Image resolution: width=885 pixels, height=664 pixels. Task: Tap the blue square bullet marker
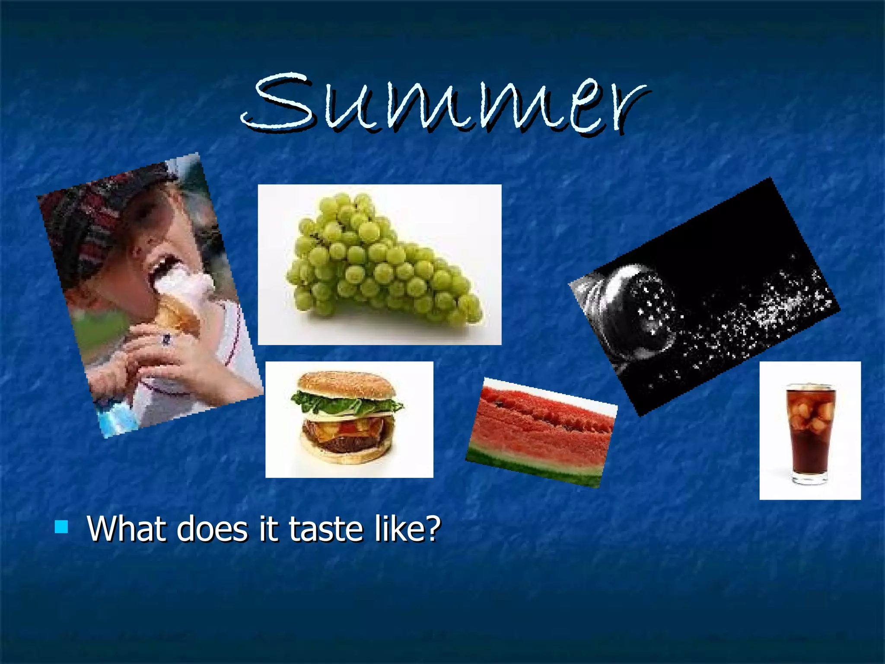coord(61,527)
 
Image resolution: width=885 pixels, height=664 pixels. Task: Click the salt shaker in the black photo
coord(635,311)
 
